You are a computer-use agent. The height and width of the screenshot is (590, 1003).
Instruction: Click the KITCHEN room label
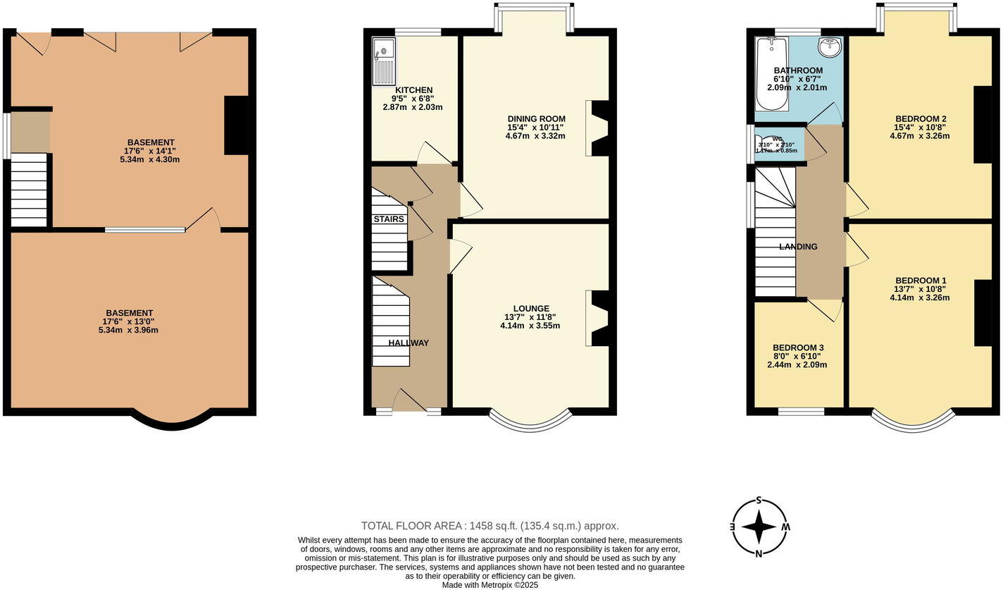413,90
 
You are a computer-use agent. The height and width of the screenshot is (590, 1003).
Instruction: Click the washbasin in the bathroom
830,48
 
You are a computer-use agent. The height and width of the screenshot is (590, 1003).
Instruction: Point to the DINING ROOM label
536,118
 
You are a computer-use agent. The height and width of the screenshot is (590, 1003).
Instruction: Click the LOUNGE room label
531,308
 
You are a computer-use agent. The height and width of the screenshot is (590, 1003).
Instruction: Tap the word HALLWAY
409,343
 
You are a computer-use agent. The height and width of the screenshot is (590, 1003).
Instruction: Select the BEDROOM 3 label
797,348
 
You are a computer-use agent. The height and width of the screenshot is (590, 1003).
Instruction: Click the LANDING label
798,247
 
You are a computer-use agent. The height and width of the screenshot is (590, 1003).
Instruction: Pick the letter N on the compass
759,553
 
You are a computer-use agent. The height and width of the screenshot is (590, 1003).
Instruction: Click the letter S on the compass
759,500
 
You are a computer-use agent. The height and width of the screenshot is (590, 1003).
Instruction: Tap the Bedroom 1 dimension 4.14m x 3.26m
919,297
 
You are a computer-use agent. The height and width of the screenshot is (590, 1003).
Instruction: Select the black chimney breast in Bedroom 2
983,125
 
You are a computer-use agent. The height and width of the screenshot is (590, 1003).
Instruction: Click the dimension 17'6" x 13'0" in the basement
129,321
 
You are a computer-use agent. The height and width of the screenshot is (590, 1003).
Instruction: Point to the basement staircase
29,190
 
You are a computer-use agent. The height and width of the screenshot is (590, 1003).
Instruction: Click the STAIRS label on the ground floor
389,219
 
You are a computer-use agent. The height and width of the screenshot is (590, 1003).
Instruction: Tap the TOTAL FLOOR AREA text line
490,526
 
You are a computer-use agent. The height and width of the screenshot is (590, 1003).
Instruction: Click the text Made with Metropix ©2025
490,585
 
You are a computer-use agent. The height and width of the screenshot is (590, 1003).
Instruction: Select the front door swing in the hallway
409,400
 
